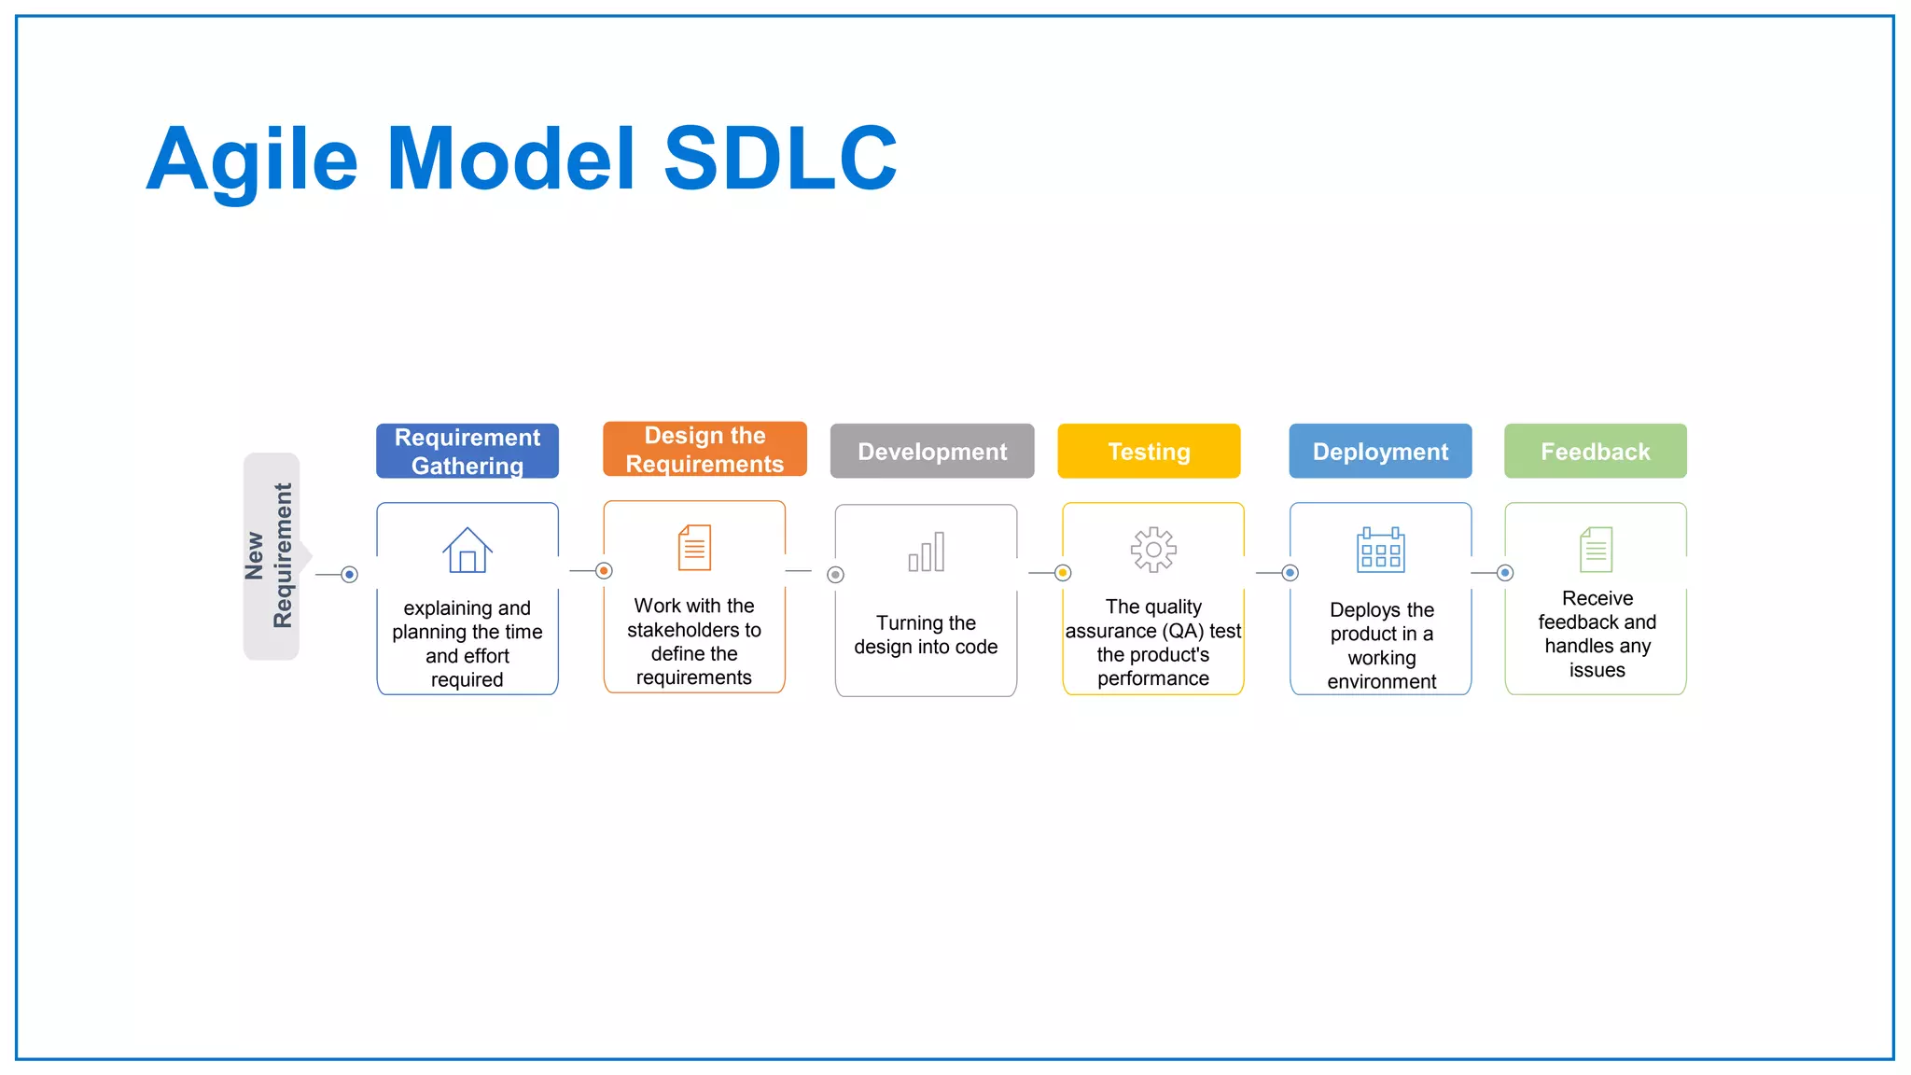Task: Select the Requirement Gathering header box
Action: pyautogui.click(x=467, y=451)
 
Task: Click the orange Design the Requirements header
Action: pyautogui.click(x=704, y=449)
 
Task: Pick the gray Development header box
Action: pyautogui.click(x=932, y=451)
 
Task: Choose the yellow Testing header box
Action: pyautogui.click(x=1149, y=451)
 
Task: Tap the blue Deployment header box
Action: pyautogui.click(x=1380, y=451)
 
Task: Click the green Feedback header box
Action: pyautogui.click(x=1595, y=451)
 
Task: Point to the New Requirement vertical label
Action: pyautogui.click(x=270, y=556)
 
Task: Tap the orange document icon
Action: pyautogui.click(x=694, y=547)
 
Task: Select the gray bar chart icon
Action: pyautogui.click(x=927, y=551)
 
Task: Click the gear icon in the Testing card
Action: pyautogui.click(x=1153, y=550)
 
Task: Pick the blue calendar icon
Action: pyautogui.click(x=1381, y=550)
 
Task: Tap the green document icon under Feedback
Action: pyautogui.click(x=1596, y=549)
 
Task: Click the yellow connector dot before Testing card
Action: pyautogui.click(x=1063, y=573)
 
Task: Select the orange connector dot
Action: pyautogui.click(x=604, y=570)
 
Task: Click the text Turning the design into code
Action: pyautogui.click(x=926, y=635)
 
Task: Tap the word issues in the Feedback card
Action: pyautogui.click(x=1597, y=670)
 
